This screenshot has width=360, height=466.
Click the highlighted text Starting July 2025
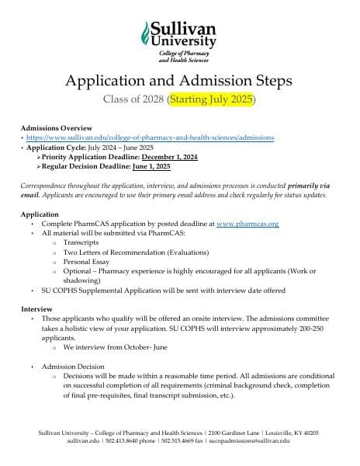[212, 100]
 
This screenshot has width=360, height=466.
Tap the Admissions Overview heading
[56, 127]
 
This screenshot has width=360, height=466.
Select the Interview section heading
[36, 309]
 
